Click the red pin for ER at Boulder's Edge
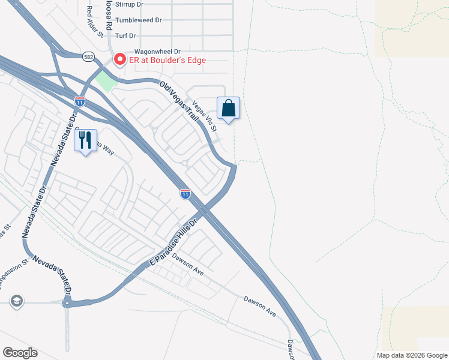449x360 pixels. [119, 59]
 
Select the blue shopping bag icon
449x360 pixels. [228, 109]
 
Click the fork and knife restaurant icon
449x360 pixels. [85, 140]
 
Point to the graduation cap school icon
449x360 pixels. [17, 301]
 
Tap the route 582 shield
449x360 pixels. [89, 55]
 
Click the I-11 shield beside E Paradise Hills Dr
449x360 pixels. [185, 193]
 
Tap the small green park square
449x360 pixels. [105, 80]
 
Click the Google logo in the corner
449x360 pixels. [20, 353]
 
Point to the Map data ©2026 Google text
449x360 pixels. [412, 355]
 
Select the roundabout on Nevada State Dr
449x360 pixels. [67, 303]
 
